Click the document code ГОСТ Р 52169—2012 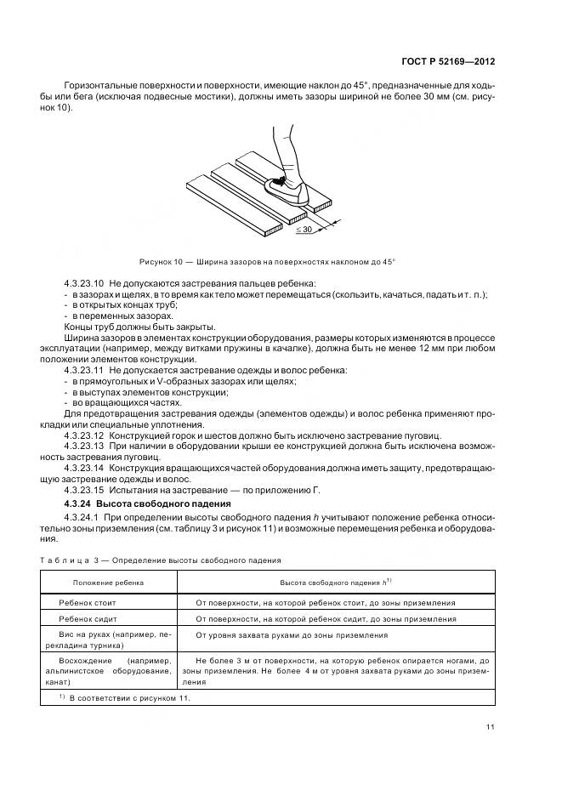point(449,62)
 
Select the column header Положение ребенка point(108,583)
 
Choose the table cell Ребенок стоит point(87,602)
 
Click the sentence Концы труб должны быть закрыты point(139,327)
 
